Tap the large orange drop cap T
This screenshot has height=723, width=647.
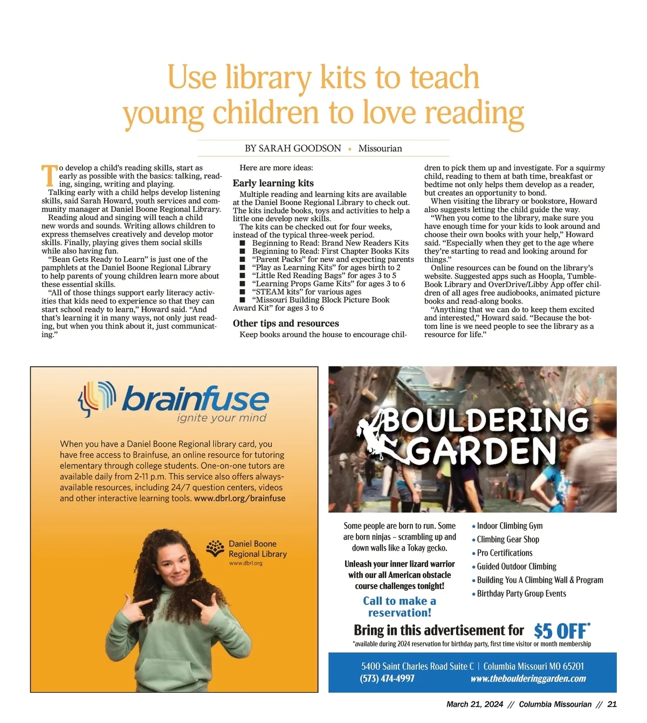point(49,175)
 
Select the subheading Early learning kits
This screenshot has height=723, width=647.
point(273,183)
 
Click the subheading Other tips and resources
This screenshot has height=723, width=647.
point(286,324)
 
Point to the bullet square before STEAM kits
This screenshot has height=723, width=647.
point(243,292)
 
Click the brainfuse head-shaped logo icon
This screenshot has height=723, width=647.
point(97,399)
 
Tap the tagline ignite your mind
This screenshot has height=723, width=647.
point(222,418)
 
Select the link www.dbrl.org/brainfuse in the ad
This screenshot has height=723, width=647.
point(239,499)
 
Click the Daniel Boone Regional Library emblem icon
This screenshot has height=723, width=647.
point(215,549)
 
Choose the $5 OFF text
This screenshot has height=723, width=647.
point(561,631)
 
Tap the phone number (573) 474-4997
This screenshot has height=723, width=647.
point(387,679)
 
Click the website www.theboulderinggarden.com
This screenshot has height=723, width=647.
point(528,679)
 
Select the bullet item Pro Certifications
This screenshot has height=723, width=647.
point(504,553)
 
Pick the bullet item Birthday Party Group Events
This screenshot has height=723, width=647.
point(521,594)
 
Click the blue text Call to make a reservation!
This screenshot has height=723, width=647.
point(400,607)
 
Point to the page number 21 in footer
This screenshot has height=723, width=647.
point(612,704)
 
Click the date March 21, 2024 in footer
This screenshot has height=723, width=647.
point(474,704)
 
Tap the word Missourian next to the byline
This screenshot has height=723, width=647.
point(380,148)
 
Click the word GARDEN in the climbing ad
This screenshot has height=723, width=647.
point(483,451)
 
